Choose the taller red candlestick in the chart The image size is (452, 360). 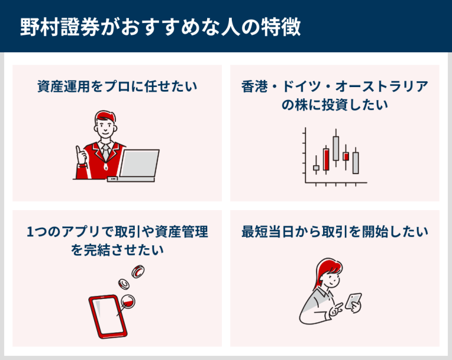coord(326,159)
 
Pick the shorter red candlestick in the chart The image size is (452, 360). coord(346,156)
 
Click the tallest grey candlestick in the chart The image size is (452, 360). coord(336,148)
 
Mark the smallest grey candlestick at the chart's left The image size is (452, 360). coord(316,168)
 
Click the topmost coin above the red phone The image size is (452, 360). coord(138,271)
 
